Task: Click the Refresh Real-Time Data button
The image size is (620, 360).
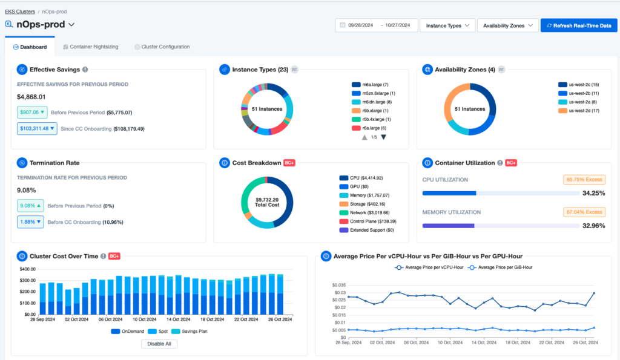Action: [x=578, y=25]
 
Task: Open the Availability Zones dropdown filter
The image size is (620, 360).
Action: [x=507, y=25]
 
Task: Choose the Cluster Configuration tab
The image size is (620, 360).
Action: [x=162, y=47]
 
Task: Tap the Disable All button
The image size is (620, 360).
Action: [x=159, y=344]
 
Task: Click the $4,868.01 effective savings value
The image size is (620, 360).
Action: [x=31, y=97]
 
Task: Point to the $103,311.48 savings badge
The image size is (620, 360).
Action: [x=37, y=128]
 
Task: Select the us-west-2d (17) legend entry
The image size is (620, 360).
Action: [x=579, y=111]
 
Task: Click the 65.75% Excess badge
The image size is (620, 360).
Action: [x=584, y=180]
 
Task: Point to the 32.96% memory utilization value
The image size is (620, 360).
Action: [x=593, y=226]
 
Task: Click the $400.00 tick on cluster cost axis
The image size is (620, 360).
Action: [x=28, y=269]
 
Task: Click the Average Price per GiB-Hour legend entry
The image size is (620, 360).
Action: [x=502, y=267]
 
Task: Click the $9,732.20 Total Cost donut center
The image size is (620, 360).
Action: [x=266, y=203]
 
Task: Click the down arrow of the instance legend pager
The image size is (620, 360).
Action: [x=383, y=137]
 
